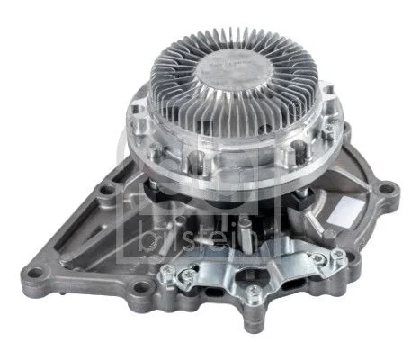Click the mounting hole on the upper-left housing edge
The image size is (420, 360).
109,191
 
